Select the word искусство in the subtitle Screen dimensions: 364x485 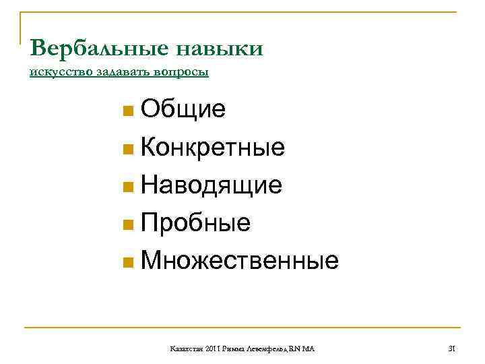[x=55, y=72]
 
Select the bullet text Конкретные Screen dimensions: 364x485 [x=213, y=147]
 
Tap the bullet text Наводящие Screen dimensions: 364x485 [x=212, y=185]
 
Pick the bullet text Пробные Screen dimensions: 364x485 [x=196, y=222]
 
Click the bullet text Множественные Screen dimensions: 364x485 [x=240, y=260]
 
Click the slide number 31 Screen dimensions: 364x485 [x=452, y=348]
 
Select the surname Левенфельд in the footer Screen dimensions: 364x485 [x=267, y=348]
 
